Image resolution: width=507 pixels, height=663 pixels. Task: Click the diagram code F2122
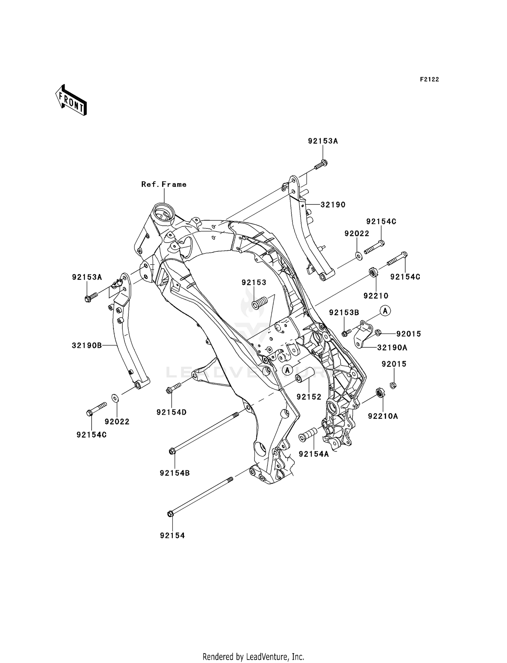click(x=429, y=79)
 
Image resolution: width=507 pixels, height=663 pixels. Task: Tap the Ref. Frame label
click(x=164, y=185)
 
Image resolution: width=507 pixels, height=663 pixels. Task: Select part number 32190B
click(x=87, y=345)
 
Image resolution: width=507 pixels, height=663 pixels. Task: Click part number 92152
click(x=309, y=397)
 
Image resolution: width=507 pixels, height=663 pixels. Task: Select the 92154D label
click(x=171, y=412)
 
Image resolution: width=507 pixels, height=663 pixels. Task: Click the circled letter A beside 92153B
click(x=385, y=310)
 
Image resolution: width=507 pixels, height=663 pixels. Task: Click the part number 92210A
click(x=383, y=416)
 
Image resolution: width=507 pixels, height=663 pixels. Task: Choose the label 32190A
click(x=392, y=347)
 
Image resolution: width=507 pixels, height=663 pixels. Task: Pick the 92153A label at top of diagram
click(x=323, y=141)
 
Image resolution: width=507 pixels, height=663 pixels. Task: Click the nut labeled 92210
click(x=373, y=272)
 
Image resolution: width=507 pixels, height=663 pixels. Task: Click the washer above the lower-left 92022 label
click(x=115, y=398)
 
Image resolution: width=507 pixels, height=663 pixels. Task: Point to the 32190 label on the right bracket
click(x=333, y=205)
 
